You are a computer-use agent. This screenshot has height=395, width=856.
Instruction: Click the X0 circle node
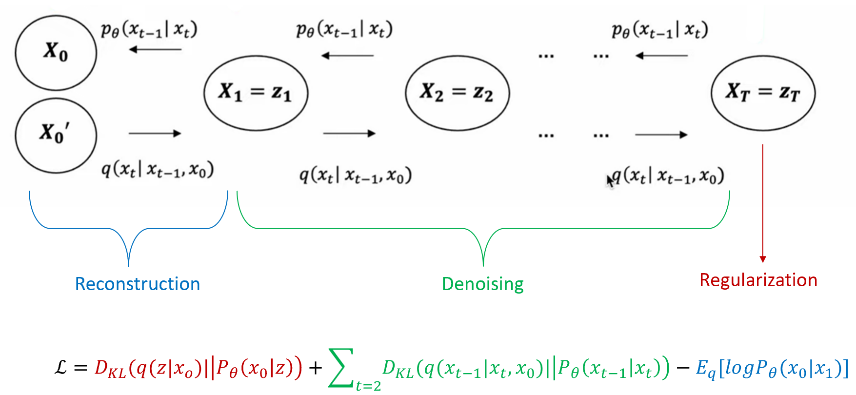(56, 53)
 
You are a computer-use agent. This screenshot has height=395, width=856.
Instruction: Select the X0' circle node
(56, 135)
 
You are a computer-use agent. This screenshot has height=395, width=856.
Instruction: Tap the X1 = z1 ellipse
(256, 93)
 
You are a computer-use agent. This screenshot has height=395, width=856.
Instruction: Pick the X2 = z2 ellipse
(457, 93)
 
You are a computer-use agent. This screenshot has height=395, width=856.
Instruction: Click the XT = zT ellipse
(763, 93)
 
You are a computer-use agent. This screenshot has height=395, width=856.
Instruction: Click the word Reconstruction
(138, 284)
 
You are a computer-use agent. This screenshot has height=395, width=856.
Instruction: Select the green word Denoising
(482, 284)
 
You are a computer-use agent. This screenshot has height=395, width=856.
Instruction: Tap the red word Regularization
(758, 280)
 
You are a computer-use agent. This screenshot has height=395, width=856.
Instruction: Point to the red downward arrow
(763, 205)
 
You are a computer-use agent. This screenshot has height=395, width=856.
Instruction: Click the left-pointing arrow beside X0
(155, 49)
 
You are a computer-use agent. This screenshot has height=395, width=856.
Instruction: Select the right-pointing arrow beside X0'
(155, 133)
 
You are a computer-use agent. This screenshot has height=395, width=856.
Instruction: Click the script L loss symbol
(61, 367)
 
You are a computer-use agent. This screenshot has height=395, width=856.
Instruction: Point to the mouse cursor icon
(610, 181)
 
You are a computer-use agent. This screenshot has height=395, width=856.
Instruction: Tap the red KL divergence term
(198, 368)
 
